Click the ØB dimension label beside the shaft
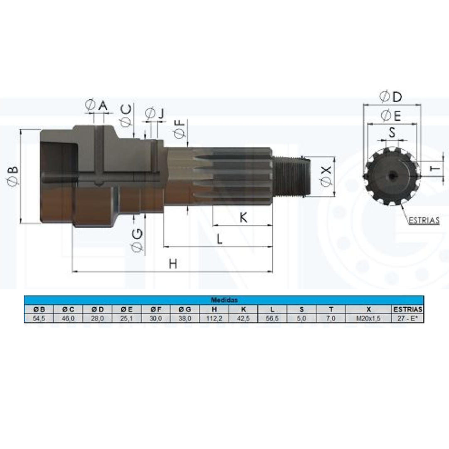[x=13, y=176]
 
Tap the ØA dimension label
[x=96, y=105]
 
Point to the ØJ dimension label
[x=155, y=113]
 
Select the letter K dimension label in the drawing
[x=243, y=217]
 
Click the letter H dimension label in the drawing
[x=173, y=264]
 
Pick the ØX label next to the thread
[x=326, y=176]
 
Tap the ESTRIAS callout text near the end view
[x=424, y=220]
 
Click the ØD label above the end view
[x=391, y=96]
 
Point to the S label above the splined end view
[x=392, y=133]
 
